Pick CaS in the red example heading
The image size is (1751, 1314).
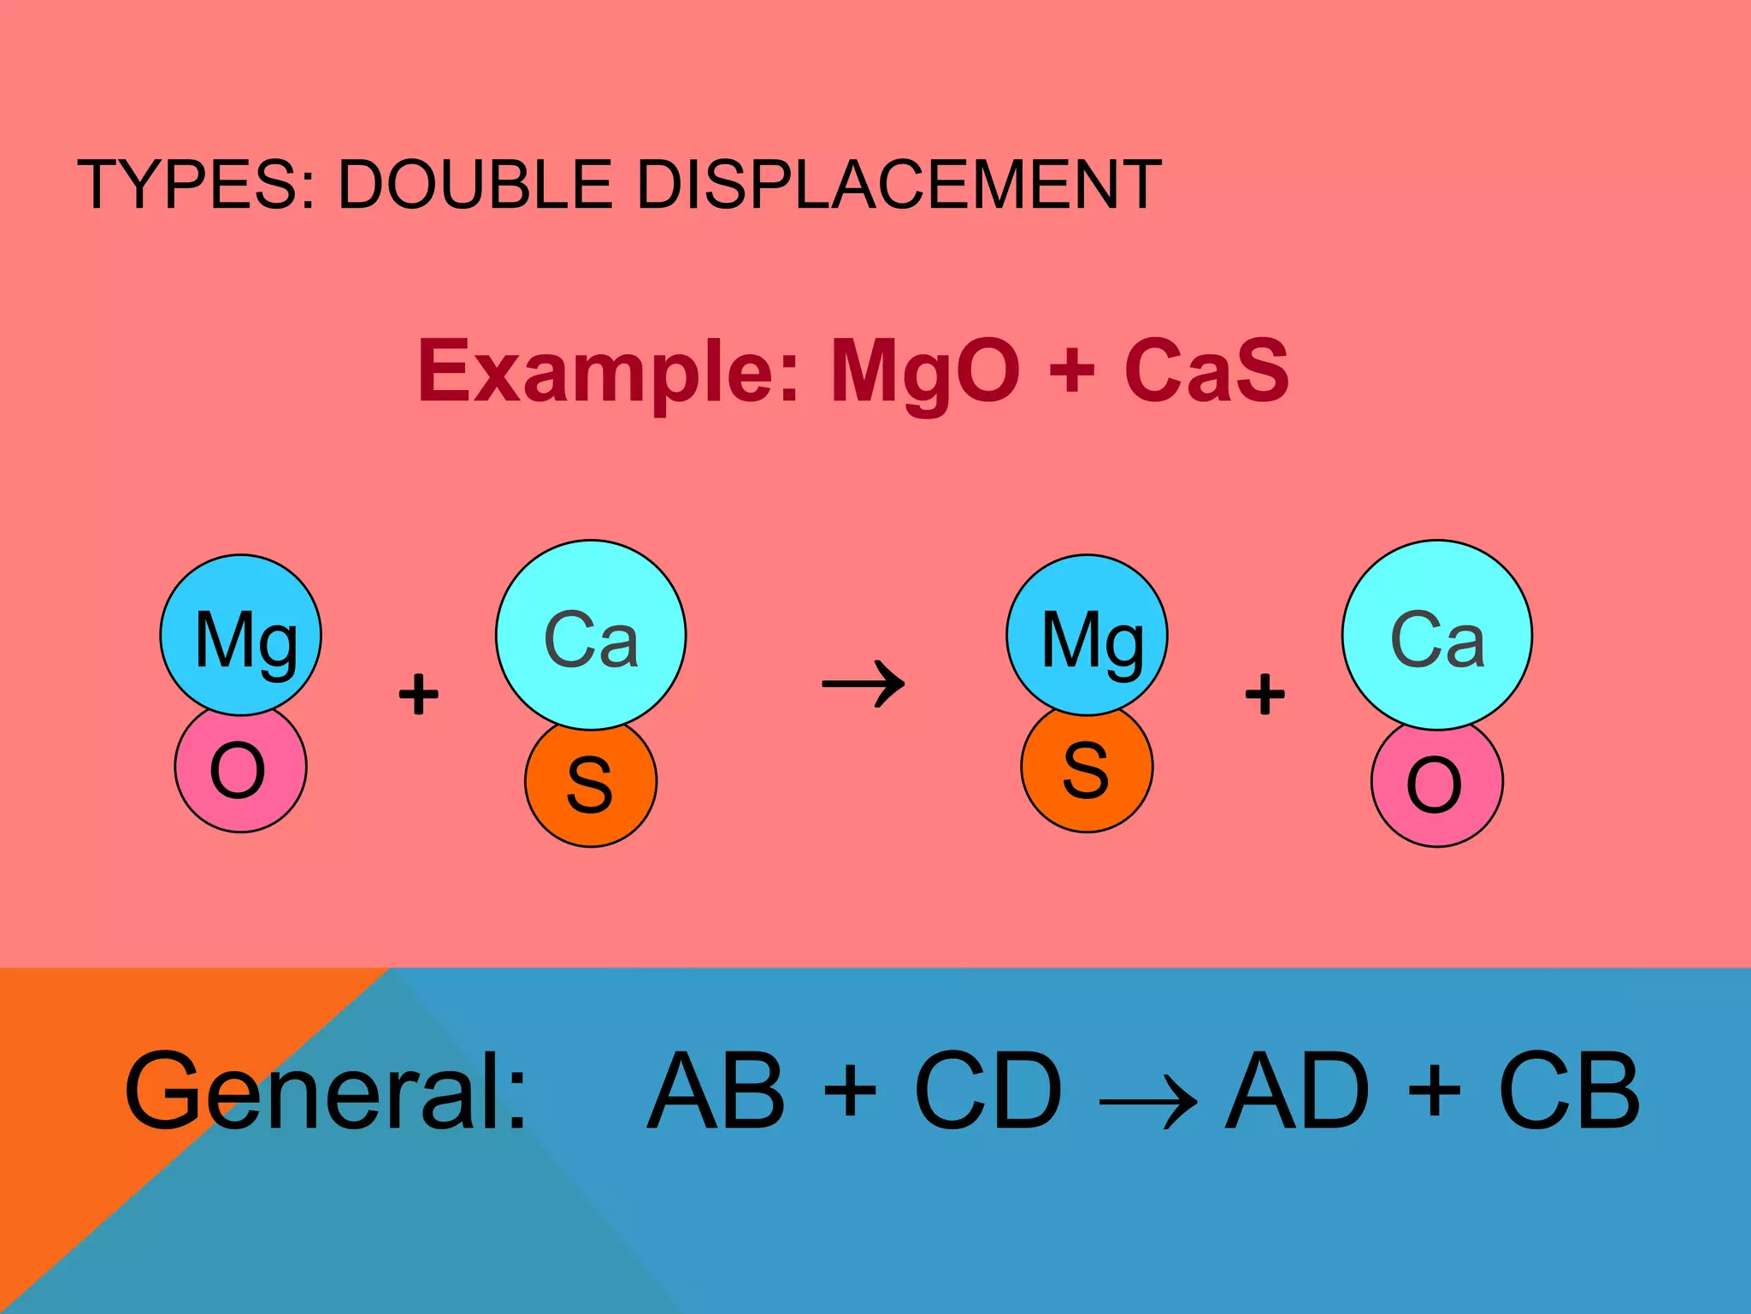pyautogui.click(x=1206, y=371)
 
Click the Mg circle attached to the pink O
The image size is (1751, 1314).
pyautogui.click(x=241, y=635)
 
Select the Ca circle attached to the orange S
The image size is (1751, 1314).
pyautogui.click(x=591, y=635)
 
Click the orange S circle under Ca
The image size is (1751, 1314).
pyautogui.click(x=591, y=787)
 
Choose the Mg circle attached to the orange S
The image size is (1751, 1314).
pyautogui.click(x=1087, y=635)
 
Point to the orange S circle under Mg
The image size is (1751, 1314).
pyautogui.click(x=1087, y=774)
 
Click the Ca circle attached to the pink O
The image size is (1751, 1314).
pyautogui.click(x=1437, y=635)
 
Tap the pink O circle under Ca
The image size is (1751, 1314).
pyautogui.click(x=1436, y=787)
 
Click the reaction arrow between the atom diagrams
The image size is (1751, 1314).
pyautogui.click(x=863, y=684)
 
